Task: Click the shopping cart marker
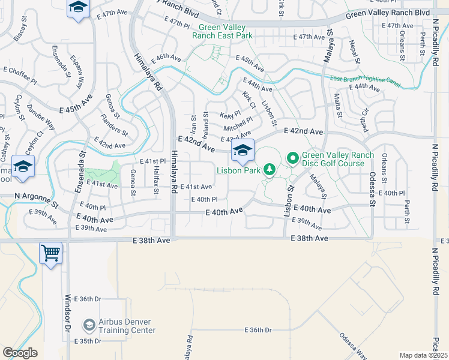pos(50,252)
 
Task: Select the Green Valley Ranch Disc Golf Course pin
pos(293,158)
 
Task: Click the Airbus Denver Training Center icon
pos(89,325)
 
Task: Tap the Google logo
pos(20,353)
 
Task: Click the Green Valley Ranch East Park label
pos(222,31)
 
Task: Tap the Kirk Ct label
pos(249,100)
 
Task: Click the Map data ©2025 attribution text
pos(424,355)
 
